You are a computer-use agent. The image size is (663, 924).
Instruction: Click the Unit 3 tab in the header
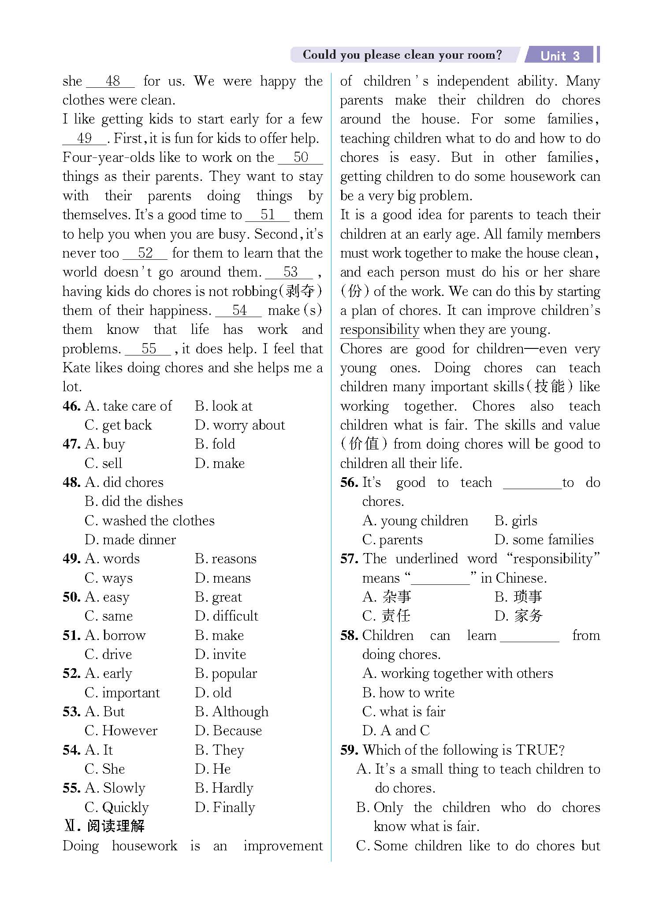560,56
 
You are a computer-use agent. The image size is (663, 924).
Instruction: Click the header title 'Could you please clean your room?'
402,55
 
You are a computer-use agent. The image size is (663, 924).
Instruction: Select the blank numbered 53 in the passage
290,272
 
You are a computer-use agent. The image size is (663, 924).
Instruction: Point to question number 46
71,406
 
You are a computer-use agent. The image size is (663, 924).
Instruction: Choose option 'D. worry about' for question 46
240,425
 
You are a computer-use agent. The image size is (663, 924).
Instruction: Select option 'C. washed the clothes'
149,521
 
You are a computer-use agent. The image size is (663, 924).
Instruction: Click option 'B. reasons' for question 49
225,559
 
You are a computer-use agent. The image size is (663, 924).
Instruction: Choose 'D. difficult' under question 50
227,616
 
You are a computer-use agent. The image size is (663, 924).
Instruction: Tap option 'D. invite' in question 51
220,655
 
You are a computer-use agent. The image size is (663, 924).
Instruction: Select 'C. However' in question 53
121,731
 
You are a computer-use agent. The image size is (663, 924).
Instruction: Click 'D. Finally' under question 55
225,808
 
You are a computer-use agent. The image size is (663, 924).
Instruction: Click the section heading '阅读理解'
115,826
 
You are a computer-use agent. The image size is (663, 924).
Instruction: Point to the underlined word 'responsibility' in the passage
380,330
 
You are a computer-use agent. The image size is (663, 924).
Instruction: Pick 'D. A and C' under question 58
395,731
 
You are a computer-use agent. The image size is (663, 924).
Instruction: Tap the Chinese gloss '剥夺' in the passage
300,292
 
